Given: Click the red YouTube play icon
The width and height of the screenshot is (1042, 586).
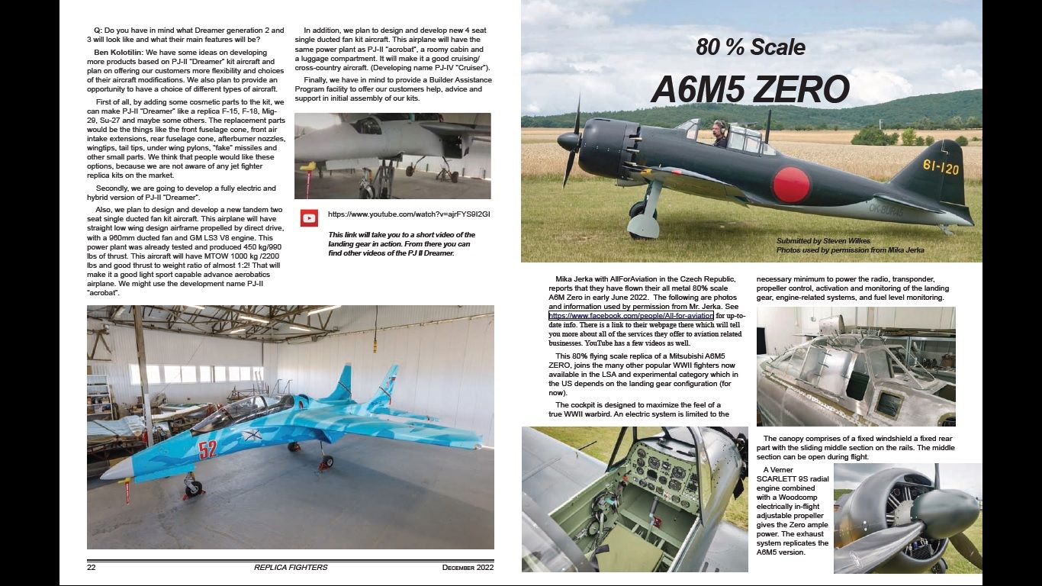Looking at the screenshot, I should coord(309,218).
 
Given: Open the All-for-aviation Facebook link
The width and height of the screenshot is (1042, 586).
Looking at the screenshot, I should coord(631,316).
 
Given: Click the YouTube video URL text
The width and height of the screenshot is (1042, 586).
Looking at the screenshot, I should coord(409,214).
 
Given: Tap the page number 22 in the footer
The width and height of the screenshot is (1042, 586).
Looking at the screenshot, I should coord(91,567).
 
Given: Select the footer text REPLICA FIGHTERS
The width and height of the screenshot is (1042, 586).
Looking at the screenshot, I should coord(291,567).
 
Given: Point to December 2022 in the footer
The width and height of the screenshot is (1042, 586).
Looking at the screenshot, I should coord(468,567).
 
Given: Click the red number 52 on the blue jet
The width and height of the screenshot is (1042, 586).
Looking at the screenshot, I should coord(207,449).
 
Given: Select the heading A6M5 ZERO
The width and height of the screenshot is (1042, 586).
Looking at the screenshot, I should coord(750,89).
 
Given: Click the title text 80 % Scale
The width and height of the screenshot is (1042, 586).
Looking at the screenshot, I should coord(750,47).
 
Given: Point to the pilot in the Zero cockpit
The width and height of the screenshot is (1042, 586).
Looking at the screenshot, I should coord(719,132).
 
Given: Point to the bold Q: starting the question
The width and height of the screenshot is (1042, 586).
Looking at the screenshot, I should coord(98,31).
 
